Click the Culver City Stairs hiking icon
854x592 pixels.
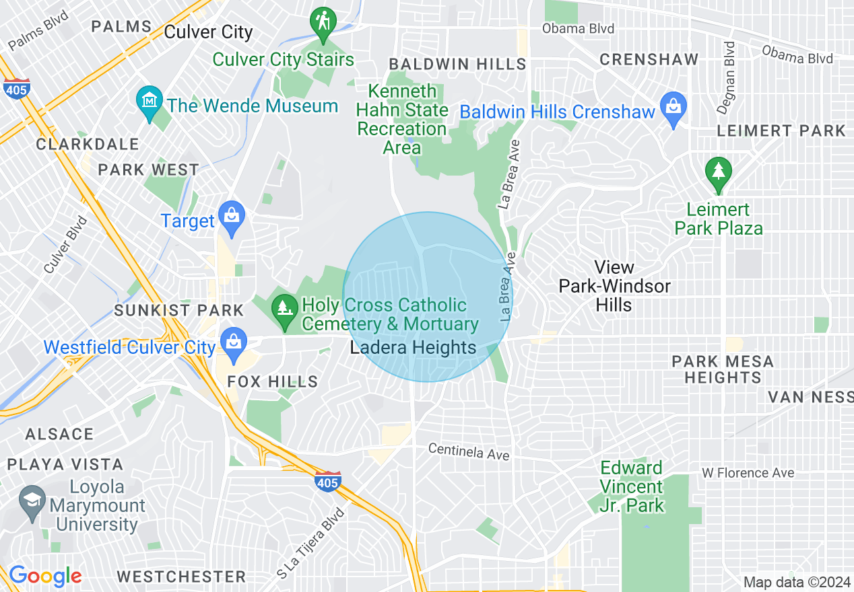(323, 22)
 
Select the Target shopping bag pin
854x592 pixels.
(232, 217)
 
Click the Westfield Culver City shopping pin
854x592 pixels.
(233, 342)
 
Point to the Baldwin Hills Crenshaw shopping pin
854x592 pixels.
(673, 107)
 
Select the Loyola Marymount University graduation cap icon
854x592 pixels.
(32, 501)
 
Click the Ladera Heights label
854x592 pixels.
(413, 348)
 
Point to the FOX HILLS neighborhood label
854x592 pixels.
(272, 381)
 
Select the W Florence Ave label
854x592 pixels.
(748, 473)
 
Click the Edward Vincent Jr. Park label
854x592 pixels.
(632, 486)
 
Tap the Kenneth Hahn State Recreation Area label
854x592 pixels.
(402, 119)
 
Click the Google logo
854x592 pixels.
(45, 576)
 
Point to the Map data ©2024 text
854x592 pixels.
(795, 582)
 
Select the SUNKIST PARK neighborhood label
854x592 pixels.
(178, 310)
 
